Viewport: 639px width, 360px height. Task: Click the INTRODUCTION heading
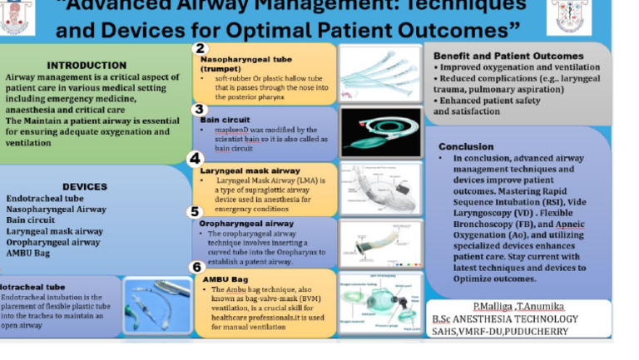[87, 65]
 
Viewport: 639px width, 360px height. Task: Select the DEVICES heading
[85, 187]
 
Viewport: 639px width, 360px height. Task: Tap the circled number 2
[200, 49]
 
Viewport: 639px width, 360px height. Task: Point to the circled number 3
[199, 109]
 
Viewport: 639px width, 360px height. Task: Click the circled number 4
[195, 159]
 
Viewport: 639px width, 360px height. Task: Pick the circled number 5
[195, 212]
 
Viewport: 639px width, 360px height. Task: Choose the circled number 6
[197, 267]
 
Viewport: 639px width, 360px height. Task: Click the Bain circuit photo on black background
[380, 132]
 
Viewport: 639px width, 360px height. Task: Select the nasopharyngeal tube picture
[380, 73]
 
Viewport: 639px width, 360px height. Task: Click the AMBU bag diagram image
[380, 303]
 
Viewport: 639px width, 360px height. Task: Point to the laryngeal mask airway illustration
[380, 189]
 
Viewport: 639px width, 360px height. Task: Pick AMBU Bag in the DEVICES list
[28, 253]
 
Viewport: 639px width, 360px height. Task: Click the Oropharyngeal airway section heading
[247, 224]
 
